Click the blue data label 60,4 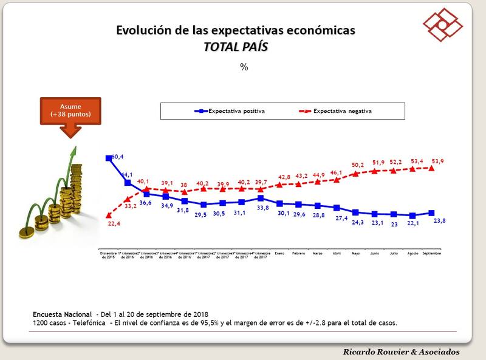[117, 157]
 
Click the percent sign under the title [244, 67]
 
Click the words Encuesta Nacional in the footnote [61, 314]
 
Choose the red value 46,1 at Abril [336, 173]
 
